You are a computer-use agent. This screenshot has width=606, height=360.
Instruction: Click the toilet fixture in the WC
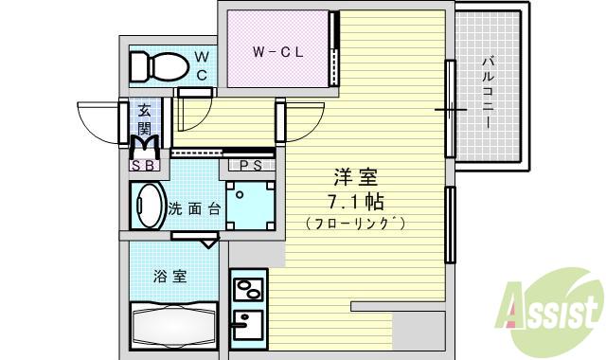pos(158,65)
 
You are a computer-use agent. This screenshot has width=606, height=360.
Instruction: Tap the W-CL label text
pos(276,52)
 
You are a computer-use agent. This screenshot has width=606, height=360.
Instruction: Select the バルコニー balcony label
pos(488,92)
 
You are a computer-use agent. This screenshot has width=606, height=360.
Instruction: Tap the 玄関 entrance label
pos(144,117)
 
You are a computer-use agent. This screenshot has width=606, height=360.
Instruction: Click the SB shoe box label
pos(145,165)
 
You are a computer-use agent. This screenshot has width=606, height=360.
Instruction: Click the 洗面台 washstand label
pos(193,208)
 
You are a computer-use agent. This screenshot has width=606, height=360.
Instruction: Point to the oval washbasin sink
pos(148,205)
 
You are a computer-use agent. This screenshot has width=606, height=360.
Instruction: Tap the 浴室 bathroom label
pos(170,277)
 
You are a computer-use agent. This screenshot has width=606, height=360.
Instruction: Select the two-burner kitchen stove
pos(248,286)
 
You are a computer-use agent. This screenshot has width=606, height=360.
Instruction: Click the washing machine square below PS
pos(251,206)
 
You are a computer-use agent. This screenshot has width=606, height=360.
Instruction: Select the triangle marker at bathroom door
pos(209,243)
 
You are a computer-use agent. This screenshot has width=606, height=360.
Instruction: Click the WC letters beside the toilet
pos(202,65)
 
